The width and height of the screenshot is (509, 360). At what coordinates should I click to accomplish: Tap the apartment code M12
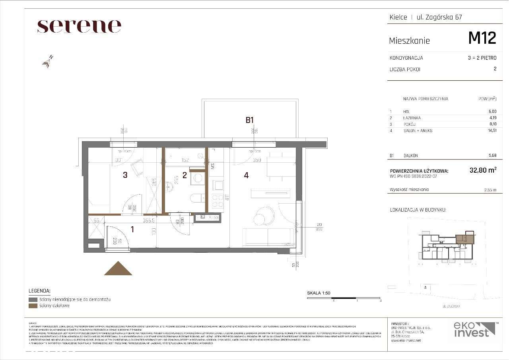point(482,38)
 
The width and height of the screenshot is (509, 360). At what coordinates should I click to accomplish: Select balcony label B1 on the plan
point(249,119)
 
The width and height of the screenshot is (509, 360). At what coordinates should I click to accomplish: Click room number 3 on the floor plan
point(125,175)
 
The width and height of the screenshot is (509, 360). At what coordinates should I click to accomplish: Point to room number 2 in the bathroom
point(185,175)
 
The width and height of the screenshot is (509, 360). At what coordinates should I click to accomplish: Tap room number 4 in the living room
point(247,175)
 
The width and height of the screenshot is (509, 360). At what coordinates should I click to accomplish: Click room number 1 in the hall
point(132,229)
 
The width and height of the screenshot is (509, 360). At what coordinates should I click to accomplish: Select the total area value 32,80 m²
point(483,170)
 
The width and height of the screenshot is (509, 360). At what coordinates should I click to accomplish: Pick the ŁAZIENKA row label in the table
point(412,118)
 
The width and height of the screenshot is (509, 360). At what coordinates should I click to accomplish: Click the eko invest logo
point(474,330)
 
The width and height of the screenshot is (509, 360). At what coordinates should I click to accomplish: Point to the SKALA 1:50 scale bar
point(344,298)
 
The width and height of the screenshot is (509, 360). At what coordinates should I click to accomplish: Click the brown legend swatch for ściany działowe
point(33,306)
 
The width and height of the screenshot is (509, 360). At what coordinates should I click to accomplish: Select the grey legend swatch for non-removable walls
point(33,299)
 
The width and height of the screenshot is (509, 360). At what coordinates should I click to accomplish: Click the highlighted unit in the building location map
point(464,239)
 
